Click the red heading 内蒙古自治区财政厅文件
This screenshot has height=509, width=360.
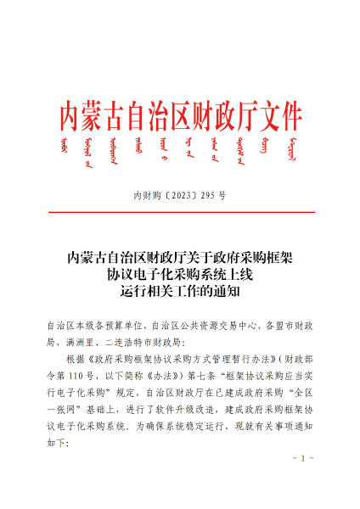pos(180,112)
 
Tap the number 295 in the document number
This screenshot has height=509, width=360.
pos(206,195)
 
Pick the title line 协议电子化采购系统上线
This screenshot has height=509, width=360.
pos(180,274)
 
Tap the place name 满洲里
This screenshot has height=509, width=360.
pos(91,343)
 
